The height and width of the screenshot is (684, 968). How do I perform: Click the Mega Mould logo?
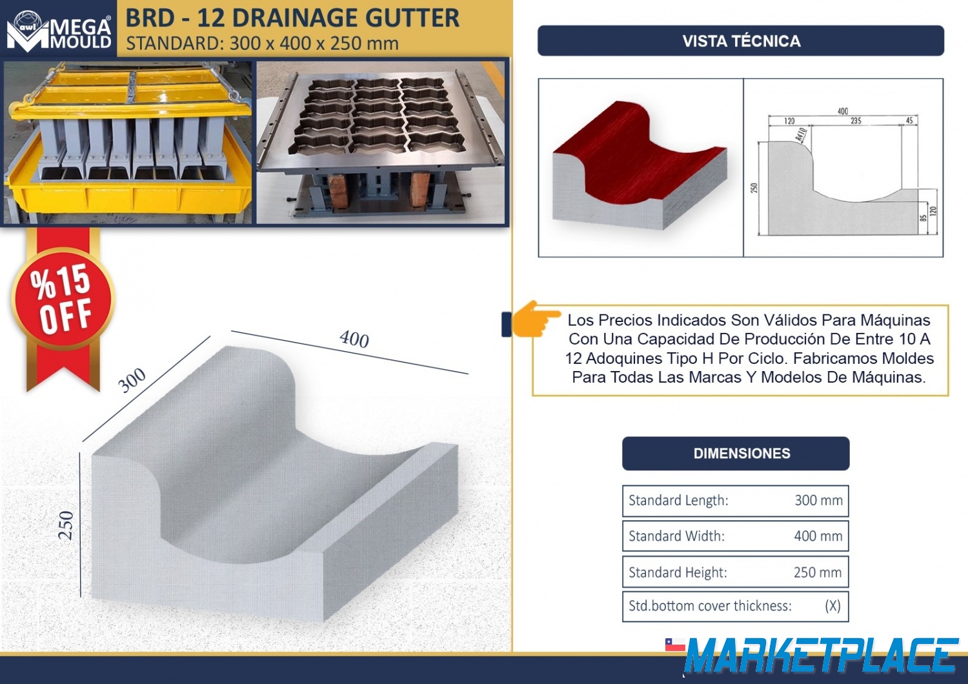coord(59,30)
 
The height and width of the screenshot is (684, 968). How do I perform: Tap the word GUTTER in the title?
coord(413,18)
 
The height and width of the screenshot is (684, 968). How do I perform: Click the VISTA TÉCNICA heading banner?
coord(741,41)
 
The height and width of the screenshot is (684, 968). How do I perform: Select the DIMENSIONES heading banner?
coord(736,453)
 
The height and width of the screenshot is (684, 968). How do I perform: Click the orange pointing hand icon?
coord(536,319)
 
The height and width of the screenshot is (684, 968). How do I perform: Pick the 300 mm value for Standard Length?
coord(818,500)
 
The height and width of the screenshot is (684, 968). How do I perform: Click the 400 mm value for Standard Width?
coord(818,536)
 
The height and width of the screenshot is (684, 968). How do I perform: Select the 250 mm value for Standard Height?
coord(818,572)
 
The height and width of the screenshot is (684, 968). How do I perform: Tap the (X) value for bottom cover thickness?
coord(832,606)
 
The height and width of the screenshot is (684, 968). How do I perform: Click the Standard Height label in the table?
coord(678,572)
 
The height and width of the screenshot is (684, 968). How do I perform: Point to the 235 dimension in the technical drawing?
coord(856,121)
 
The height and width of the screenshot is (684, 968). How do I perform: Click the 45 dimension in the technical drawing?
coord(909,121)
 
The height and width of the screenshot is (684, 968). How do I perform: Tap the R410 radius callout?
coord(800,134)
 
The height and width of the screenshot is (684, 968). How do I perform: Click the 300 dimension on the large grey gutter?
coord(132,380)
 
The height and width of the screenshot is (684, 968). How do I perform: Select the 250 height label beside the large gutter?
coord(66,525)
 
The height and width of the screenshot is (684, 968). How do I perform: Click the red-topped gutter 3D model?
coord(640,165)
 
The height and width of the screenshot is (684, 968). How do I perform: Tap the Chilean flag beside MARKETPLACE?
coord(675,644)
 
